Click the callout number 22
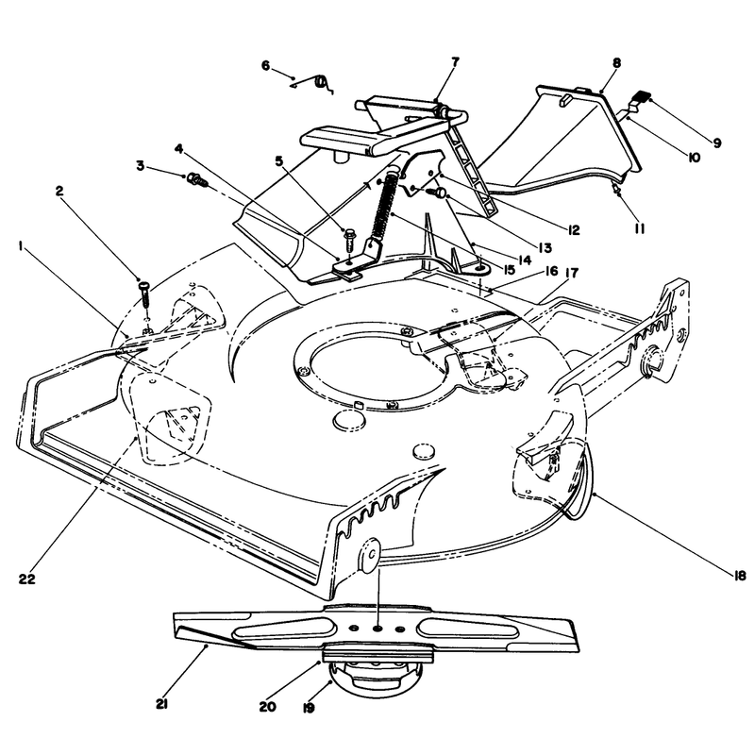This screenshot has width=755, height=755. pos(27,579)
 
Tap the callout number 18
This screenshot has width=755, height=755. pos(740,576)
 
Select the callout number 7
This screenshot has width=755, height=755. pos(455,61)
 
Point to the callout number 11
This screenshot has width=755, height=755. pos(639,228)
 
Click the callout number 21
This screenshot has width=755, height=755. pos(161,704)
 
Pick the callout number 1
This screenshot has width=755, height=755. pos(21,246)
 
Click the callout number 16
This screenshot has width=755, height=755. pos(551,271)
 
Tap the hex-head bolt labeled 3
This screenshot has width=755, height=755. pos(198,180)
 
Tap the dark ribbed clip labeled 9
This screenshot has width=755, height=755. pos(641,96)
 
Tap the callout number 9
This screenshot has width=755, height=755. pos(716,143)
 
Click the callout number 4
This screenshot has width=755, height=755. pos(179,149)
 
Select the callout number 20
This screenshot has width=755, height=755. pos(268,706)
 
